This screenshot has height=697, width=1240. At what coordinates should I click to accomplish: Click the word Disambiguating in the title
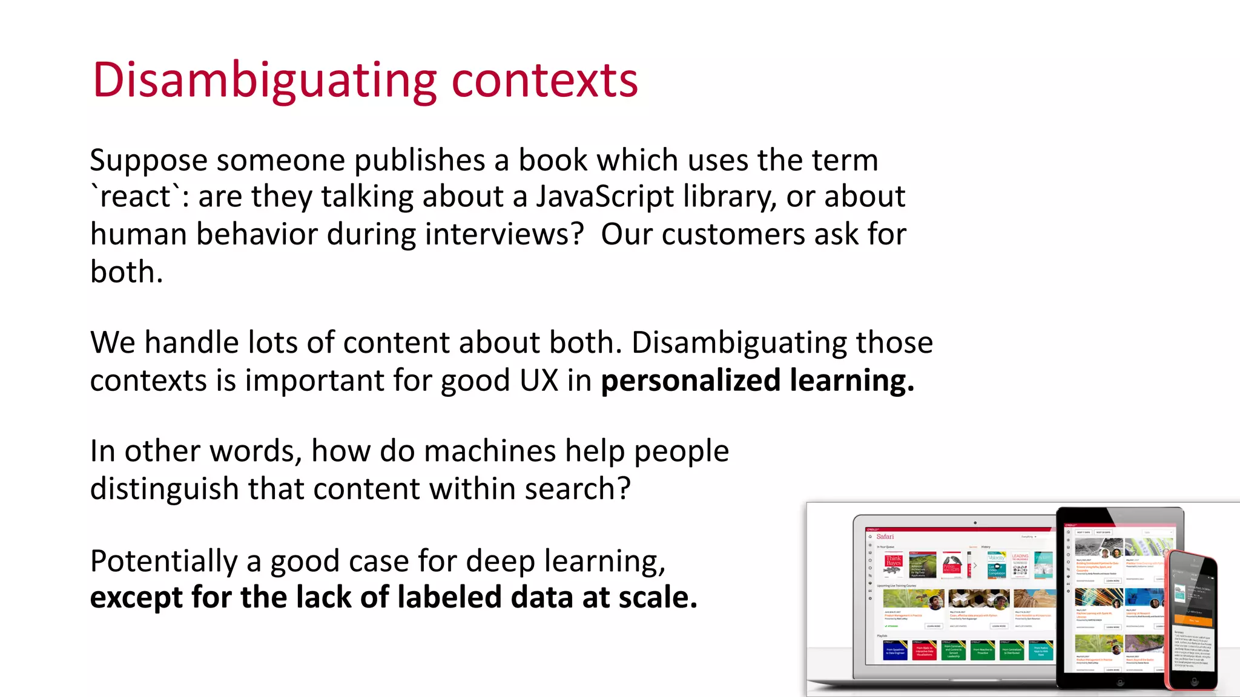[264, 80]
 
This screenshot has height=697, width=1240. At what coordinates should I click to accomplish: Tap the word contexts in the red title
[544, 80]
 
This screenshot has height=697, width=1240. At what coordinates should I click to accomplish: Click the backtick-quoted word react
[136, 197]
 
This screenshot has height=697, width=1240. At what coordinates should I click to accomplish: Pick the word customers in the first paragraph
[733, 234]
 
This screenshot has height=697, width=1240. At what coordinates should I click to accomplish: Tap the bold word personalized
[690, 381]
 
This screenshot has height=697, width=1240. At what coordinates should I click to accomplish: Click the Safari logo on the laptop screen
[885, 537]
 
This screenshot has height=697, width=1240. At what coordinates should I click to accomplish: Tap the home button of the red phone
[1194, 681]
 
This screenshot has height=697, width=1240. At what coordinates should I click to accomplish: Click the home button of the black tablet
[1120, 682]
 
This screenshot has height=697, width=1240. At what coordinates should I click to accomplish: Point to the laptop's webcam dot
[975, 523]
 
